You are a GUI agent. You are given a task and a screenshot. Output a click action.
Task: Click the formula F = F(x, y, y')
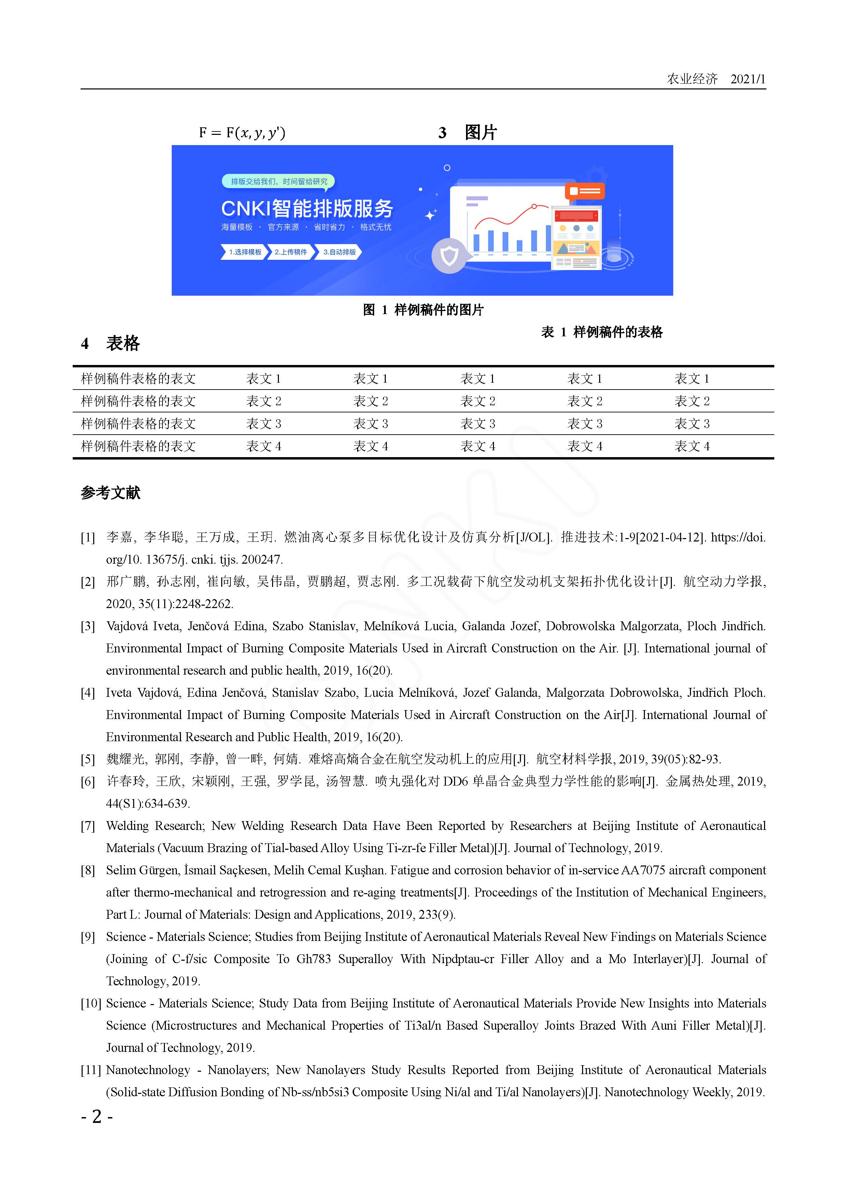242,132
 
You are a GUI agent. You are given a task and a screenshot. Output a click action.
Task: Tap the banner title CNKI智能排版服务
307,209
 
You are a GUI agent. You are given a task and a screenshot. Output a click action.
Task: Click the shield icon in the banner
449,256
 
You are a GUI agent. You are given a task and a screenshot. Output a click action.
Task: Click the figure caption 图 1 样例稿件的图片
423,310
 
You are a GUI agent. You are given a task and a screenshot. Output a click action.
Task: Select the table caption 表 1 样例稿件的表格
602,332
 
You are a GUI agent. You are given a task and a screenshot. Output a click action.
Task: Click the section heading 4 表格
111,343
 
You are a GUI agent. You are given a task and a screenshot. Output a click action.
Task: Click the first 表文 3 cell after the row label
264,424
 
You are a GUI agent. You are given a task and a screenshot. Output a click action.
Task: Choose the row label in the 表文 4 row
138,446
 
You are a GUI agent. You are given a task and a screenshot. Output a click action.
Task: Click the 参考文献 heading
111,493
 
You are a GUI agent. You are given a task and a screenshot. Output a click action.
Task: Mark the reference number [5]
88,759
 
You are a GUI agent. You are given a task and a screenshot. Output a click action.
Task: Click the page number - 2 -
97,1117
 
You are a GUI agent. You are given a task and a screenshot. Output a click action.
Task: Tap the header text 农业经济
692,79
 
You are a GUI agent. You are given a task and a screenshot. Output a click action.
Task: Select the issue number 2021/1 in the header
747,79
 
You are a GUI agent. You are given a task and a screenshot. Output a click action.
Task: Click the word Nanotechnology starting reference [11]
148,1070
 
